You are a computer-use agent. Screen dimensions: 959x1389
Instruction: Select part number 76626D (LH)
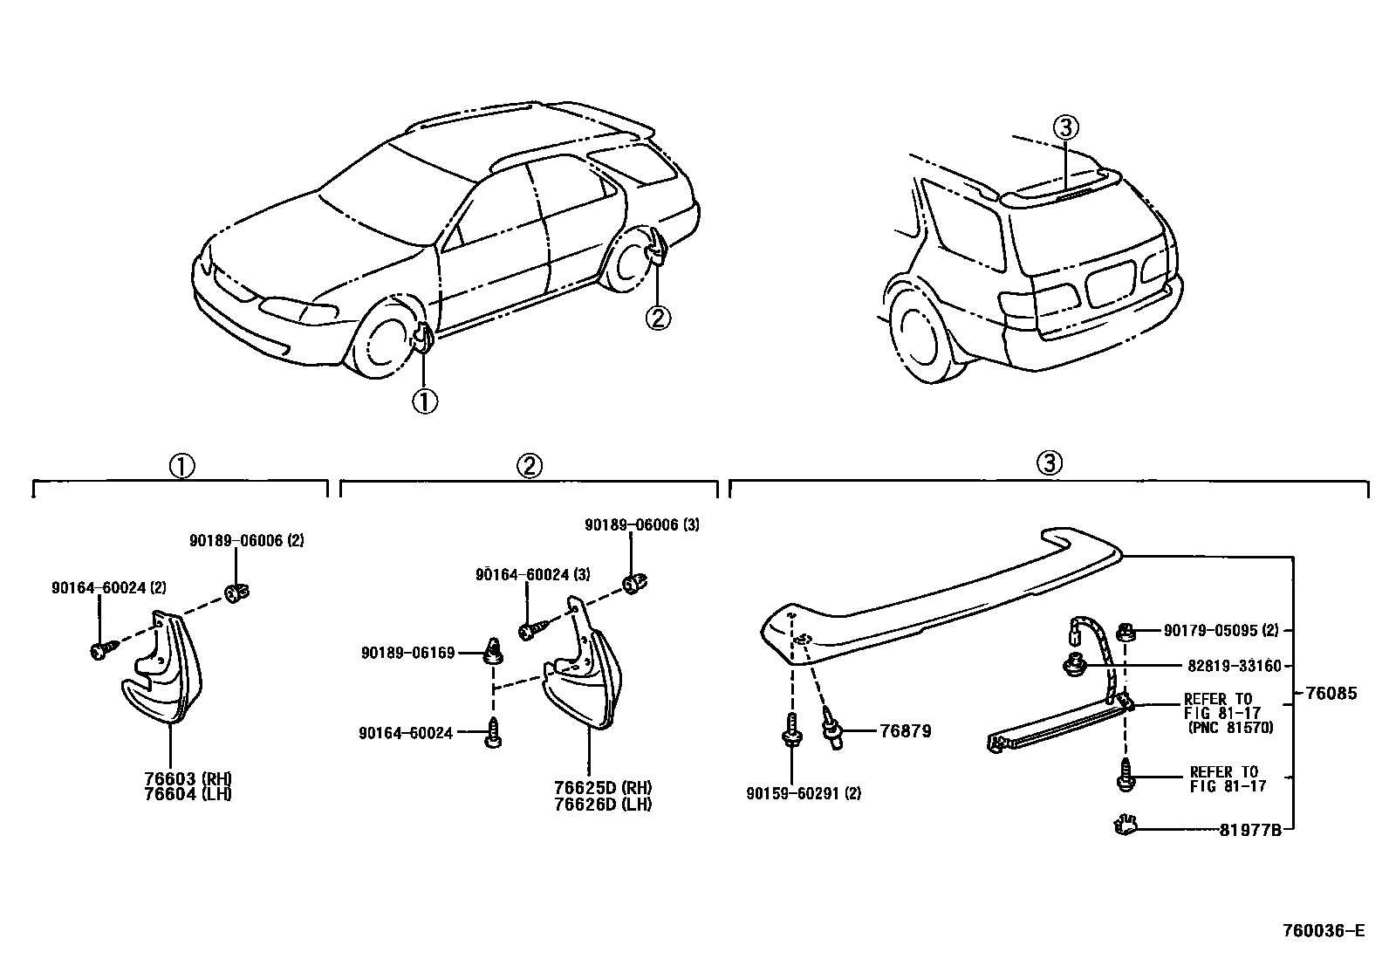[x=603, y=804]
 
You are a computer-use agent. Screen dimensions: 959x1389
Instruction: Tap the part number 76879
[x=905, y=730]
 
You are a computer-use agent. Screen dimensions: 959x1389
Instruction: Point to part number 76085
[x=1331, y=694]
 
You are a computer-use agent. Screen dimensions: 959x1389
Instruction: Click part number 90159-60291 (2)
[x=804, y=794]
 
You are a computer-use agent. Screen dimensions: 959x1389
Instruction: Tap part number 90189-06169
[x=407, y=653]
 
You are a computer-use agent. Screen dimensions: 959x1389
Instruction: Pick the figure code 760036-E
[x=1322, y=931]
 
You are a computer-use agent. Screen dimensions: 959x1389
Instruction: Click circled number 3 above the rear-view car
[x=1065, y=128]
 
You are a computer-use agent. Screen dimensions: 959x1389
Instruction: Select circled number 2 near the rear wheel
[x=658, y=318]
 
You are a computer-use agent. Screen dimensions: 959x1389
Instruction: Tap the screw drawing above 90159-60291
[x=791, y=730]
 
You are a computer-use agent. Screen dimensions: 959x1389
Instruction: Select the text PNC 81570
[x=1229, y=728]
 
